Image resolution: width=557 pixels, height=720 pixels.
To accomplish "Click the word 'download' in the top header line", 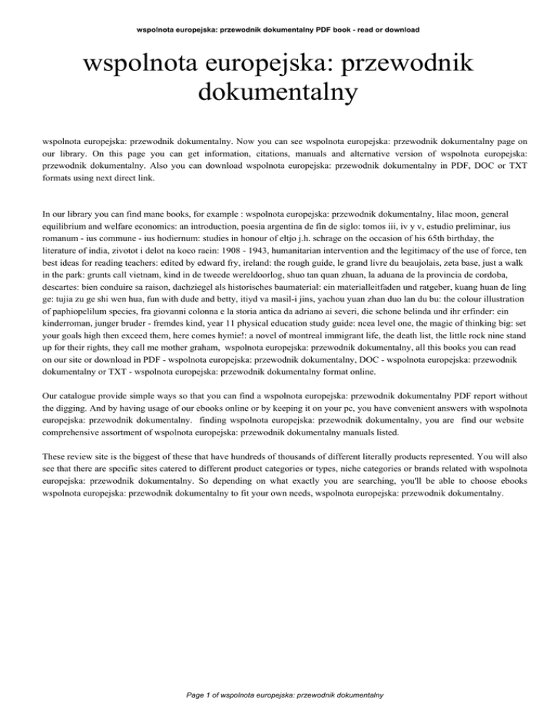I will point(401,30).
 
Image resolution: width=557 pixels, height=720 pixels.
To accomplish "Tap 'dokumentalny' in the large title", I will point(278,92).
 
